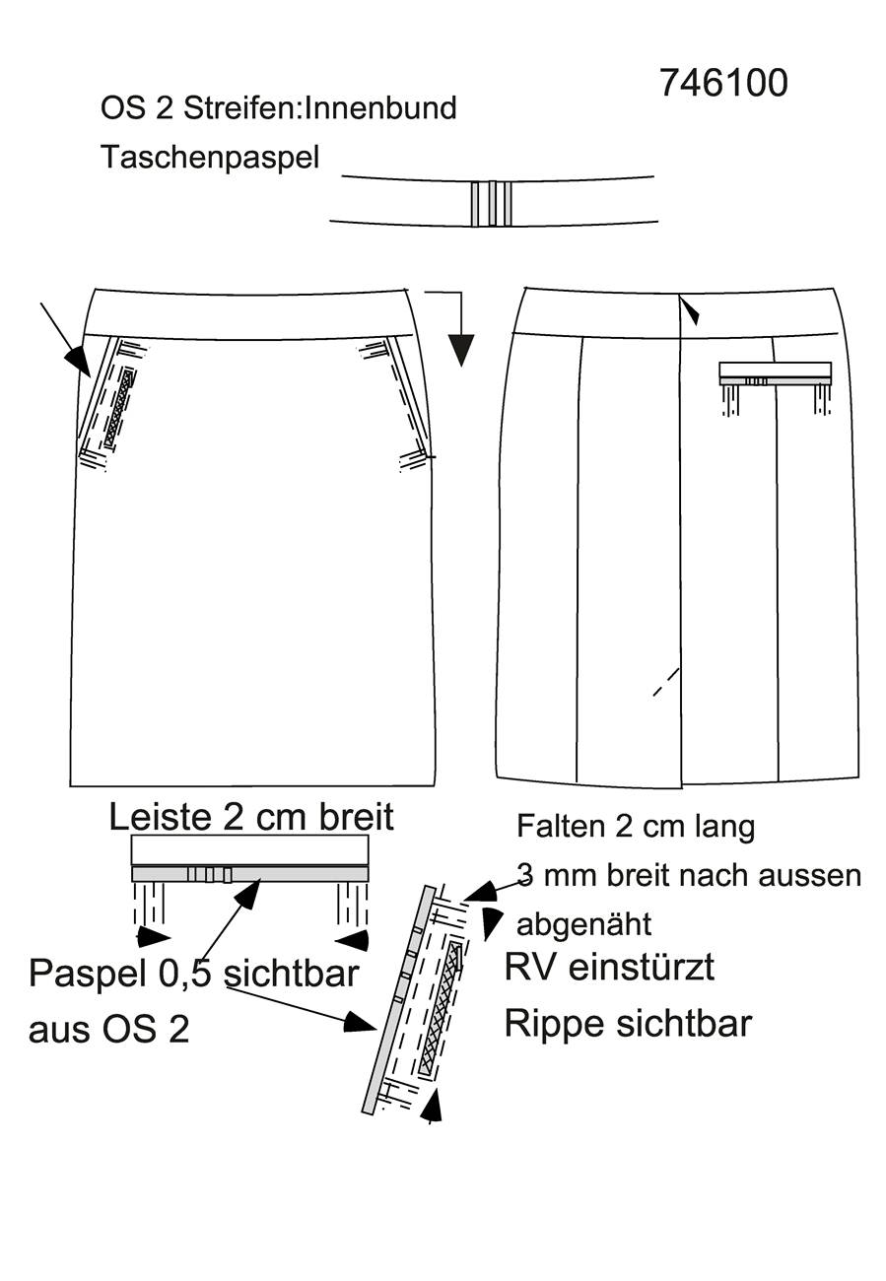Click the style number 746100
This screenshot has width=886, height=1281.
[x=723, y=84]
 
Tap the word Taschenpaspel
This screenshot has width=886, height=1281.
[x=210, y=157]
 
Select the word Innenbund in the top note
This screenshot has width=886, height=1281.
[x=380, y=108]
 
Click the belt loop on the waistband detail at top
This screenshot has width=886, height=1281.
[x=492, y=203]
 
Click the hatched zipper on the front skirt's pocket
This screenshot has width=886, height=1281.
[x=119, y=407]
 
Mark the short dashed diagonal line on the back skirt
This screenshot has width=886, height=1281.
[x=666, y=682]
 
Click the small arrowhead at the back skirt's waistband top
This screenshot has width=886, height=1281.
[x=692, y=312]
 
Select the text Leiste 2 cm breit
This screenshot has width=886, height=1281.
[x=251, y=816]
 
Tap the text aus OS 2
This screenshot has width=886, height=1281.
[x=108, y=1030]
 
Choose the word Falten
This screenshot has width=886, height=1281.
[x=561, y=826]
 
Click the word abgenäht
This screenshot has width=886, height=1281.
[x=584, y=924]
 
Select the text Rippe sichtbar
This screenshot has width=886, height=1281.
[x=628, y=1023]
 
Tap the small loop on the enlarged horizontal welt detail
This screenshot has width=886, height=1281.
[x=210, y=874]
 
